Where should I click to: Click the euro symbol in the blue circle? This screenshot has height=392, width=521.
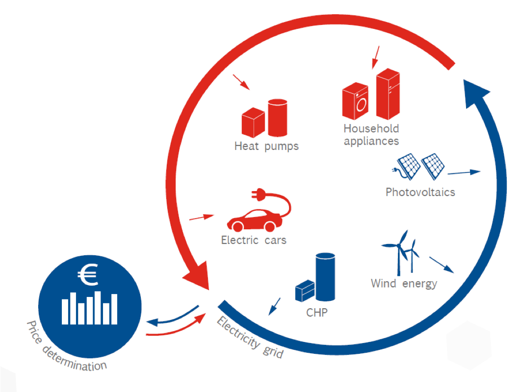click(x=88, y=274)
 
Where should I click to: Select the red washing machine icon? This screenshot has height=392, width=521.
click(x=355, y=101)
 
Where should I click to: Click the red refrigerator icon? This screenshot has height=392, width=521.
click(x=388, y=94)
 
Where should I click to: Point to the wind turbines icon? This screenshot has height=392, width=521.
click(x=400, y=252)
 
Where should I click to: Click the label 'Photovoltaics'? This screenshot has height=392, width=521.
click(x=420, y=192)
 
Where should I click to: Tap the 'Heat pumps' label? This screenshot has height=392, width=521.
click(x=266, y=147)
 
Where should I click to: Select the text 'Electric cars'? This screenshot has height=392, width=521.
click(x=254, y=240)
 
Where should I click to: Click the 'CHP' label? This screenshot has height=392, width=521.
click(x=316, y=312)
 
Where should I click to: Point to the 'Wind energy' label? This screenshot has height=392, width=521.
click(x=404, y=284)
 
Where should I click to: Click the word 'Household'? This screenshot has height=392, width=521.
click(x=371, y=128)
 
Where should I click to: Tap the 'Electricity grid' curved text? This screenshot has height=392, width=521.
click(x=250, y=338)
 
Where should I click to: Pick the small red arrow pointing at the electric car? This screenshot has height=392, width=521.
click(x=201, y=218)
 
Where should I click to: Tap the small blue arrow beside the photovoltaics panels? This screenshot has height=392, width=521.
click(x=464, y=172)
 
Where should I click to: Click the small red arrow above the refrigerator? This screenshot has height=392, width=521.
click(x=375, y=57)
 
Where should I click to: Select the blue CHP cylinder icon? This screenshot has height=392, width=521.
click(x=325, y=276)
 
